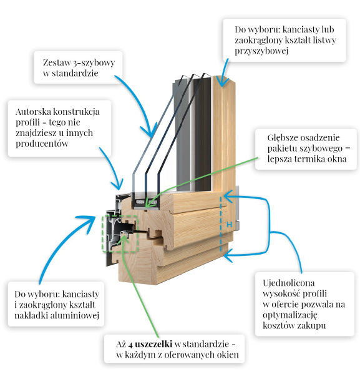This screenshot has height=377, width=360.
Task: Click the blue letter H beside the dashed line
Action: (229, 225)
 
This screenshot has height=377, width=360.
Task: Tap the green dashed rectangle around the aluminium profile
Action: (102, 233)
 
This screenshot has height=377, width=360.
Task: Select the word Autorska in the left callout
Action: (33, 112)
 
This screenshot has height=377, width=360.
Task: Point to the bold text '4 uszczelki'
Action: (150, 345)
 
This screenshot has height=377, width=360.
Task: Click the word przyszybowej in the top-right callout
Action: (261, 51)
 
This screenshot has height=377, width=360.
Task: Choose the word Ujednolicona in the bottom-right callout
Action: (289, 283)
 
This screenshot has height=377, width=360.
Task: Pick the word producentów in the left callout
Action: (42, 144)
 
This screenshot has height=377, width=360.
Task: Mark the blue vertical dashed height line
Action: (221, 224)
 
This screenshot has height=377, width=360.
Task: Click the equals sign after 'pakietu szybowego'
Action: (348, 149)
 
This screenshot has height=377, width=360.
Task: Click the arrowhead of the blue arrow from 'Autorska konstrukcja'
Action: (119, 185)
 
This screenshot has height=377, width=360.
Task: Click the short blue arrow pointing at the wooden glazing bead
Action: (224, 72)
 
